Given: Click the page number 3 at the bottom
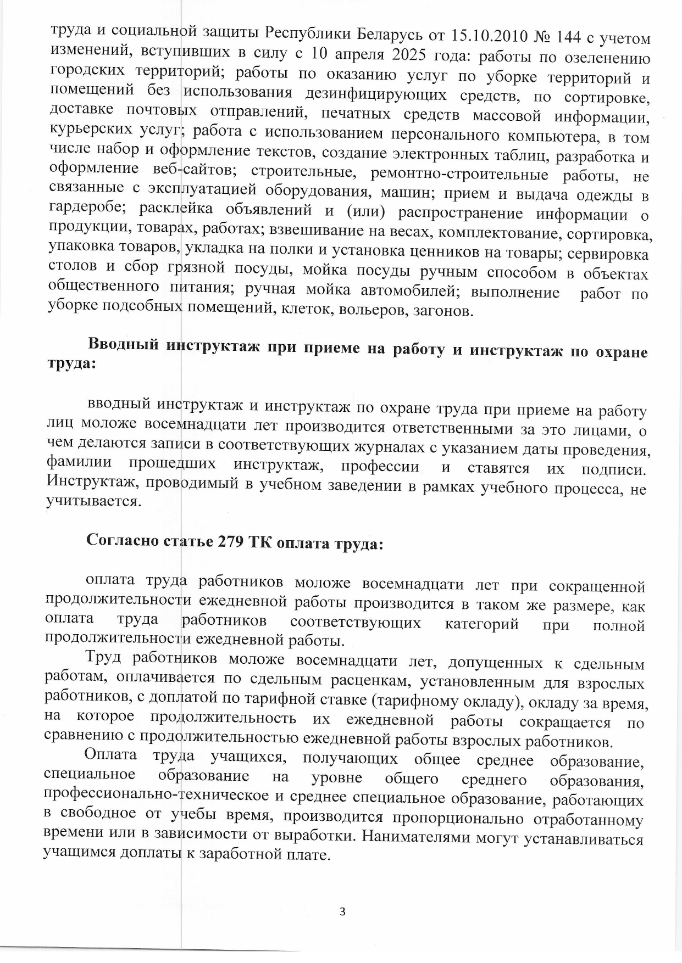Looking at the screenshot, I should [342, 912].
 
